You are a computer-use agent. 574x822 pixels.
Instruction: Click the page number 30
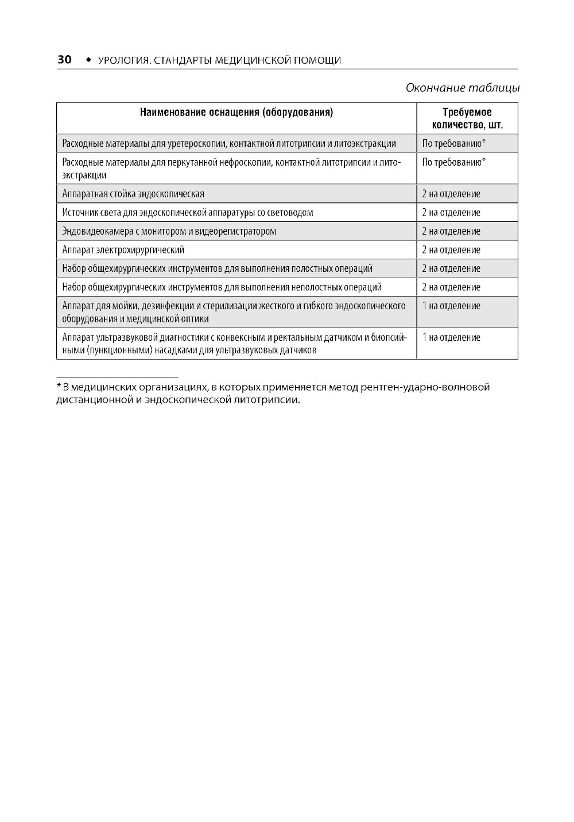[x=64, y=60]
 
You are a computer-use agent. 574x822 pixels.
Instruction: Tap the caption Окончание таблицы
[x=462, y=88]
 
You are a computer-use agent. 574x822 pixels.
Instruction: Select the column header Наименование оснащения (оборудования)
[x=236, y=112]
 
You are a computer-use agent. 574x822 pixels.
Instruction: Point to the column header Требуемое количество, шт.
[x=467, y=119]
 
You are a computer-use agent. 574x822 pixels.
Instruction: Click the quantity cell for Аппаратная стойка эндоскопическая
[x=451, y=194]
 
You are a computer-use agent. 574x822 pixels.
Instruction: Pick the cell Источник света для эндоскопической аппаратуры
[x=188, y=213]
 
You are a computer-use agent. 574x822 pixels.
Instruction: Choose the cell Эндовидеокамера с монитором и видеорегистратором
[x=169, y=231]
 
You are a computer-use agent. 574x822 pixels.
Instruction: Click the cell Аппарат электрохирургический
[x=123, y=250]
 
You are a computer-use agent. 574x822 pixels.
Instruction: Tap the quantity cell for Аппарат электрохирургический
[x=451, y=250]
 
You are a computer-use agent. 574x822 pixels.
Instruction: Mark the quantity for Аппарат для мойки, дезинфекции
[x=451, y=306]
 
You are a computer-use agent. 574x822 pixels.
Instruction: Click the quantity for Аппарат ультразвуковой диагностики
[x=451, y=338]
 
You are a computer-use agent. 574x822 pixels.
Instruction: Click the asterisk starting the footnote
[x=59, y=387]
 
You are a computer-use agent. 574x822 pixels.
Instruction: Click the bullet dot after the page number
[x=88, y=60]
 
